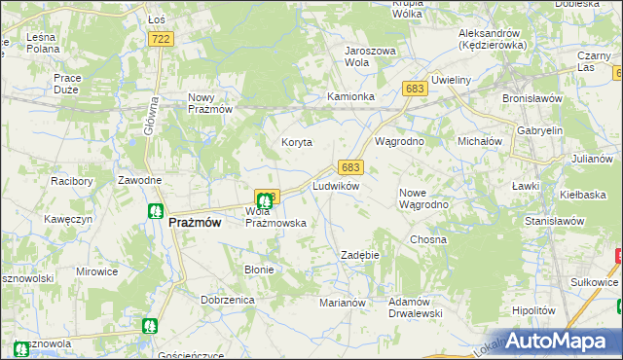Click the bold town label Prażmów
(x=195, y=222)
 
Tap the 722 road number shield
(x=162, y=38)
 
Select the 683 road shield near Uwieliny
(x=415, y=89)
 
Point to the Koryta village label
(x=297, y=142)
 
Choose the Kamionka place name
(x=350, y=97)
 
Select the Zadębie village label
(x=359, y=255)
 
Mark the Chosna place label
(x=427, y=239)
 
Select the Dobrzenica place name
(x=227, y=301)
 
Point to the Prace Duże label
(x=67, y=84)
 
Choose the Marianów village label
(x=342, y=303)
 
